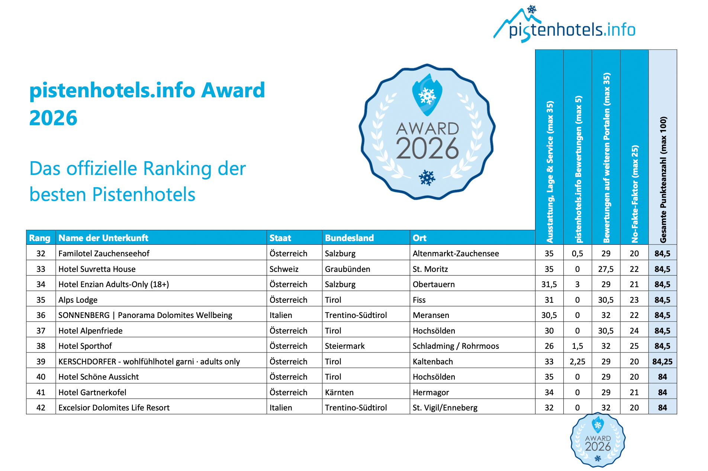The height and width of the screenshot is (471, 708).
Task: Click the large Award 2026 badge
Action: click(427, 132)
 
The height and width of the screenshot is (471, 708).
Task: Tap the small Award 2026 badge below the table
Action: click(598, 440)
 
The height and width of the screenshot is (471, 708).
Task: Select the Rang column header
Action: click(40, 238)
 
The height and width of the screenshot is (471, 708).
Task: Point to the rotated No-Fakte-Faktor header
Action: click(634, 193)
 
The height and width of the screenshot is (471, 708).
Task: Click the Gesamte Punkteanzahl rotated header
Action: click(663, 180)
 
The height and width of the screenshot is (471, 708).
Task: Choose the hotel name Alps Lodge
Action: click(78, 300)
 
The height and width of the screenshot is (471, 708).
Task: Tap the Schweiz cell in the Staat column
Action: click(284, 269)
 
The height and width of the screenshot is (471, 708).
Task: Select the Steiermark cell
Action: click(345, 346)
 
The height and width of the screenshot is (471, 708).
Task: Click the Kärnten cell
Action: click(339, 392)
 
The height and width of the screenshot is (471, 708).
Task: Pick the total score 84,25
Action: click(662, 361)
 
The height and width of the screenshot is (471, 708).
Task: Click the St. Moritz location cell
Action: click(430, 269)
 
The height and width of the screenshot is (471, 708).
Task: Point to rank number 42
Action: click(41, 407)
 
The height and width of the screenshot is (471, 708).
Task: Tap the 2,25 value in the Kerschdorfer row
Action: click(577, 361)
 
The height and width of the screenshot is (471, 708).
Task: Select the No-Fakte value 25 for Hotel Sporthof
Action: click(634, 346)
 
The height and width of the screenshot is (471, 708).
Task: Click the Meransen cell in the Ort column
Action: click(431, 315)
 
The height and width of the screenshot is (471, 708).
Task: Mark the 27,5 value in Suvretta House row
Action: click(606, 269)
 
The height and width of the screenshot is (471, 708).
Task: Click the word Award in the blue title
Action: click(233, 90)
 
